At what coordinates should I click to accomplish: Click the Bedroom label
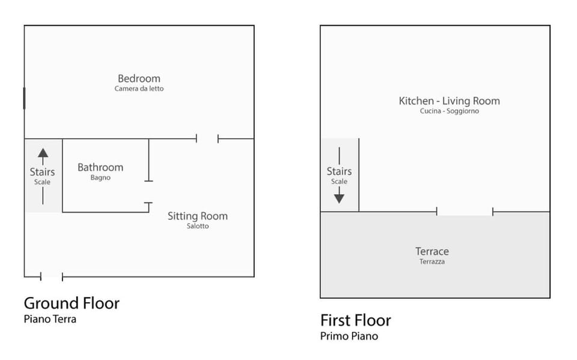click(139, 78)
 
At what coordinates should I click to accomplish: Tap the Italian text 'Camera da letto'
click(139, 89)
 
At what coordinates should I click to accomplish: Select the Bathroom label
click(100, 168)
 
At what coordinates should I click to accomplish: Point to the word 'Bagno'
click(100, 178)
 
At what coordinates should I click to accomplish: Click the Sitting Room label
click(198, 216)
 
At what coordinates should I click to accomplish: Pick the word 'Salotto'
click(198, 226)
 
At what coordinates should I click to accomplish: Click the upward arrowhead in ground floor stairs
click(43, 153)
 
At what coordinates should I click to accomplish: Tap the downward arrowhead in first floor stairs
click(339, 199)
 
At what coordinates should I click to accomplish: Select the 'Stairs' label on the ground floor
click(42, 172)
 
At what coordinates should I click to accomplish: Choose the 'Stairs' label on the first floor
click(339, 171)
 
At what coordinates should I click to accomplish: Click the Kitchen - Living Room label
click(450, 101)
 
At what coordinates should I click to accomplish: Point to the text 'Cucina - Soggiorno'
click(450, 111)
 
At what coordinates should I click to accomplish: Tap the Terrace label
click(432, 251)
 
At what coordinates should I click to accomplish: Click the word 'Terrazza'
click(432, 261)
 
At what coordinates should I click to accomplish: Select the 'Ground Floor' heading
click(72, 304)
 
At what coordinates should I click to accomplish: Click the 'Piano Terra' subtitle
click(50, 319)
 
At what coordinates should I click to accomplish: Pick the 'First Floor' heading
click(355, 320)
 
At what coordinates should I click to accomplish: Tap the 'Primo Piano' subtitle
click(349, 336)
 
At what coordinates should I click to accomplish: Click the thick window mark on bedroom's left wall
click(24, 99)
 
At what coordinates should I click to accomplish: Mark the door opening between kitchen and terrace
click(465, 212)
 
